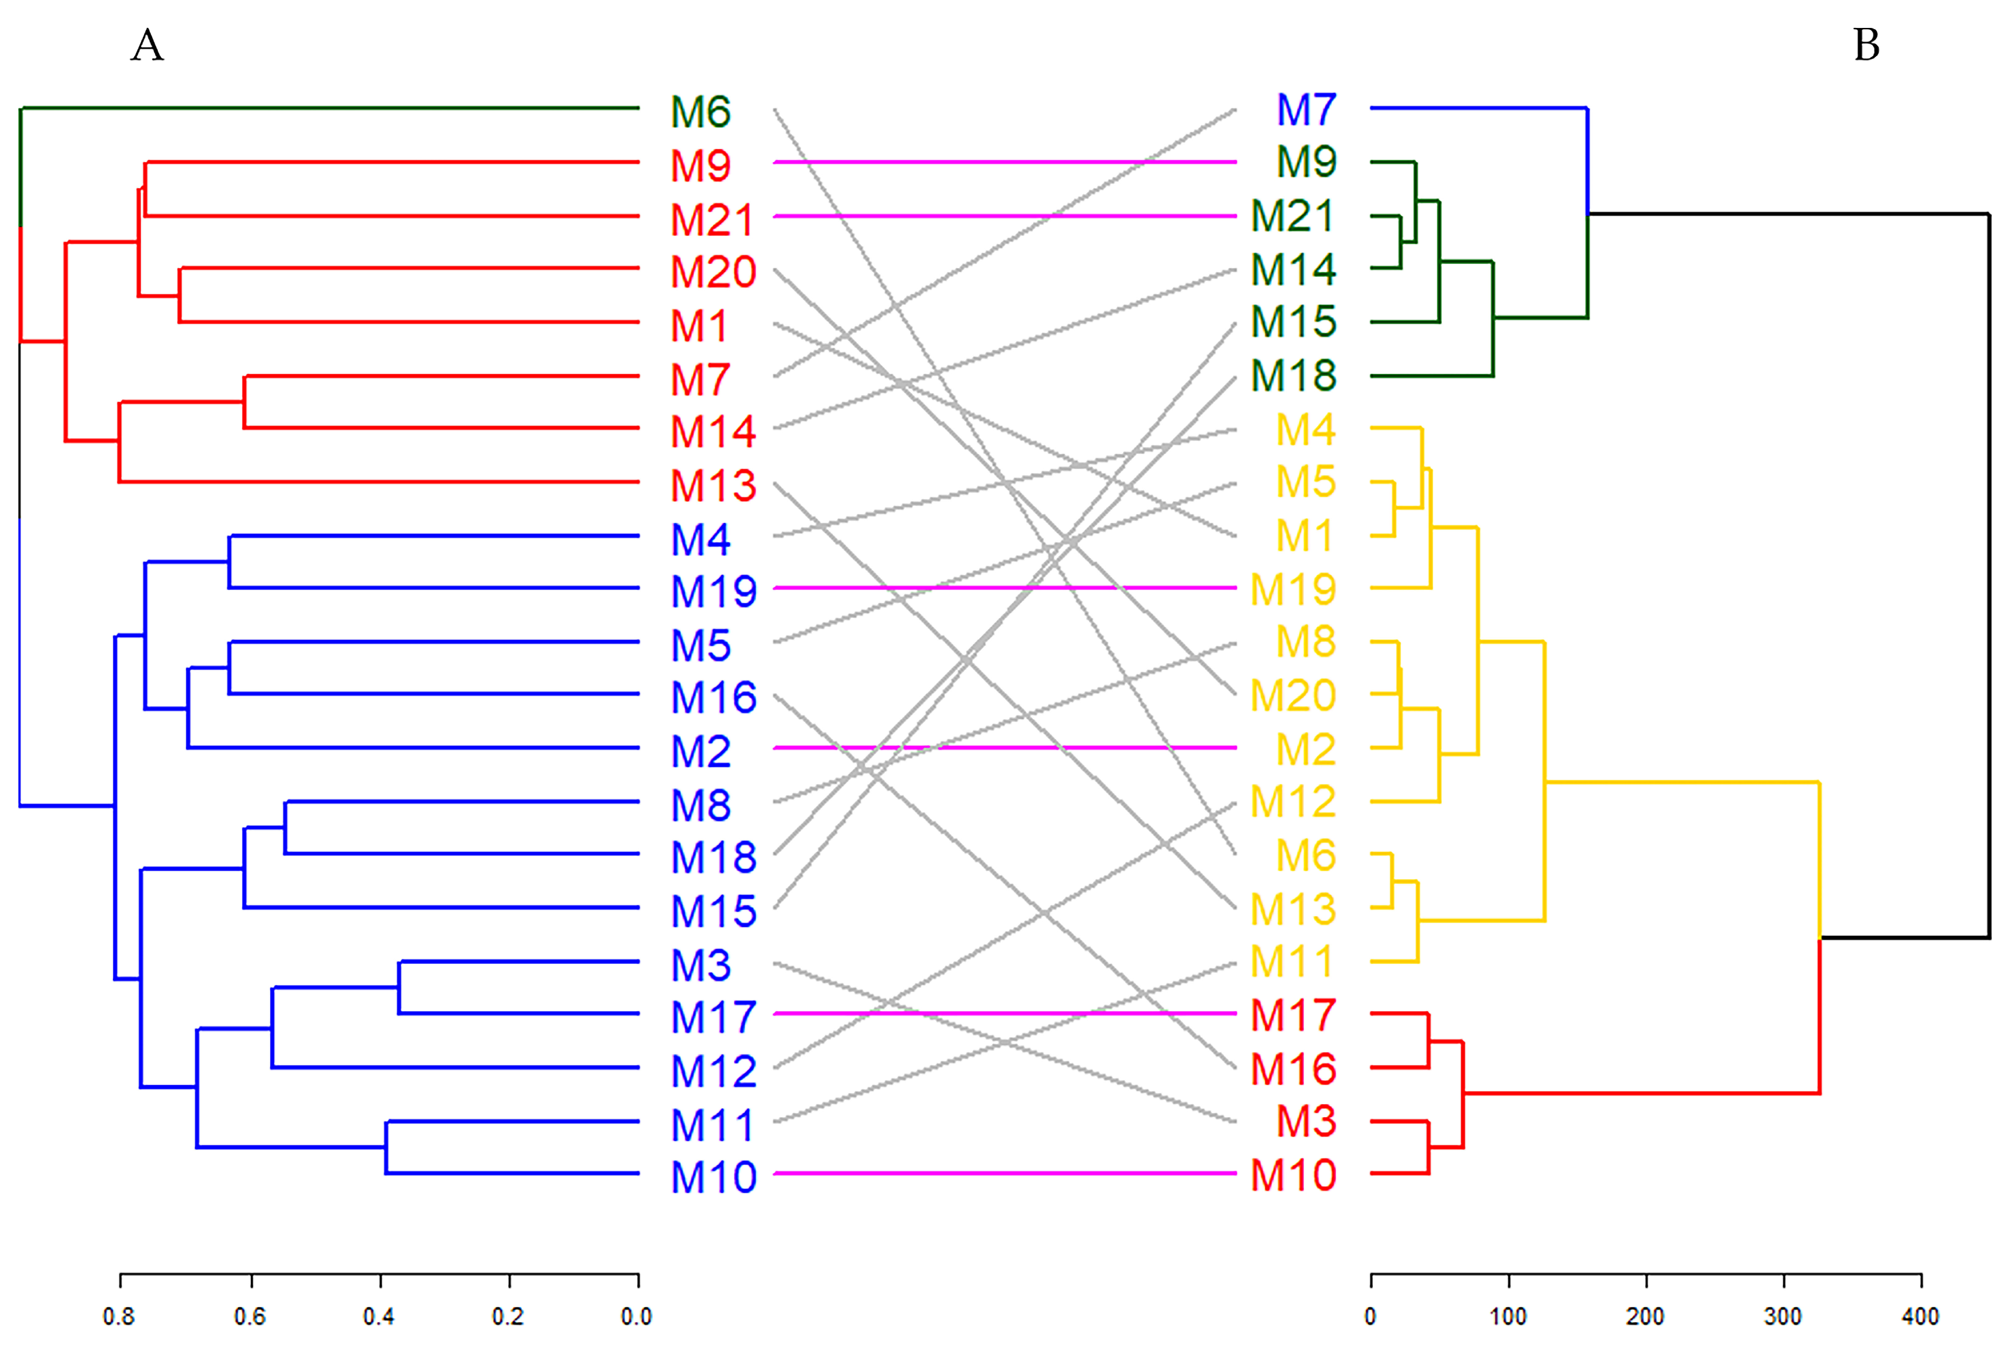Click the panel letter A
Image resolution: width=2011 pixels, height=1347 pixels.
(x=147, y=45)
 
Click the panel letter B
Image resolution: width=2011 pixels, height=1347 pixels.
(x=1866, y=45)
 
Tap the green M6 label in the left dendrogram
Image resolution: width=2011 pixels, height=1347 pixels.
(x=700, y=112)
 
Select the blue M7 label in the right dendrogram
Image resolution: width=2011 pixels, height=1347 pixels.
(x=1306, y=110)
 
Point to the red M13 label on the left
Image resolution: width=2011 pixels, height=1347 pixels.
(x=713, y=486)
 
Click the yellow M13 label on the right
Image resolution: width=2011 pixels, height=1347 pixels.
(x=1293, y=909)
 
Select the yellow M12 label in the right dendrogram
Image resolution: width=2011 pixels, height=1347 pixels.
(x=1293, y=802)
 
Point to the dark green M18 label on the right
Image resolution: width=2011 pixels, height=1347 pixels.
(x=1293, y=375)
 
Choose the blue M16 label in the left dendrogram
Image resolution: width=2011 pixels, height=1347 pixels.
(x=713, y=697)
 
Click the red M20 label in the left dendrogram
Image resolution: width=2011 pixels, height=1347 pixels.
(x=713, y=271)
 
